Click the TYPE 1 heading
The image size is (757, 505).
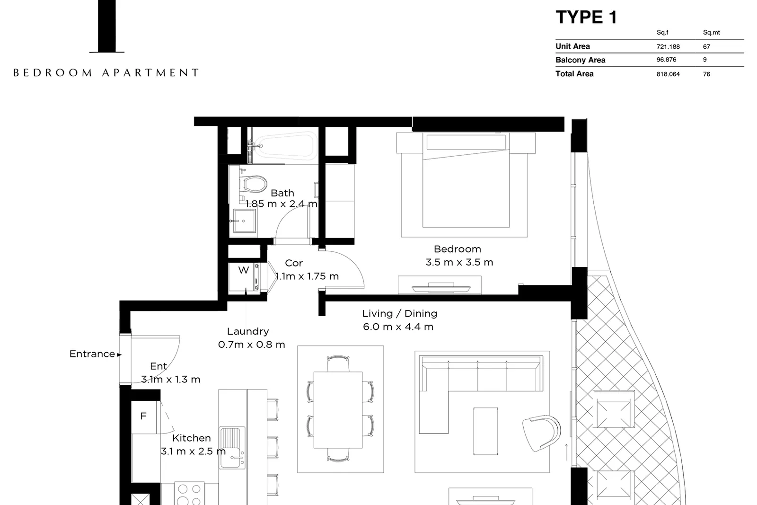click(586, 17)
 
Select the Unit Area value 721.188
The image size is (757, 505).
click(668, 47)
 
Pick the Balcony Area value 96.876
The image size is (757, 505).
click(667, 60)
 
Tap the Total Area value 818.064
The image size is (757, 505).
click(668, 74)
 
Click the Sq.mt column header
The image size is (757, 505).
click(712, 33)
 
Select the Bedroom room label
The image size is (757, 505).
click(457, 249)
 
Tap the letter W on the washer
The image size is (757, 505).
click(244, 270)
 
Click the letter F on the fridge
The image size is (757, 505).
click(143, 416)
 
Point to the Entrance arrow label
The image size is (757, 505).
click(95, 354)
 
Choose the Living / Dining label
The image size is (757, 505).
click(399, 314)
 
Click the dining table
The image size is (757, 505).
click(338, 410)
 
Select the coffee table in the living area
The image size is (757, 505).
click(485, 431)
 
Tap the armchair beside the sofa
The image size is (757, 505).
click(541, 433)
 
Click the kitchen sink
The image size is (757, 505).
click(232, 448)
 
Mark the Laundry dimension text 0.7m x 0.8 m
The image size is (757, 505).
click(251, 345)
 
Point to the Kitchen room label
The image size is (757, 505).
click(191, 438)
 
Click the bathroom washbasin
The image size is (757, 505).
click(244, 221)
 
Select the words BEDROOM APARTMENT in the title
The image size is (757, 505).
click(106, 73)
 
